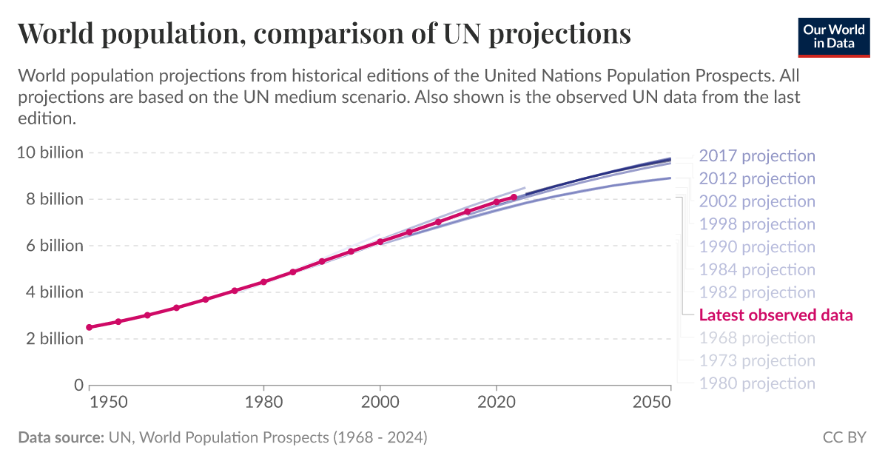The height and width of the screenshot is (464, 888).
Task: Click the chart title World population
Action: click(x=323, y=33)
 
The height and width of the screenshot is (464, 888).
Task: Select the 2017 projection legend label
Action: click(x=756, y=156)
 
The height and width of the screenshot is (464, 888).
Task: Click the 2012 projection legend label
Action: click(x=756, y=179)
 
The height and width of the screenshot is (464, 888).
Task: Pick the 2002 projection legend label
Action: click(x=756, y=201)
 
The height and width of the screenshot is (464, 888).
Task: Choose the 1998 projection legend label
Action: click(x=756, y=224)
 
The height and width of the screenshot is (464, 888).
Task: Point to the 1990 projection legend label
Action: click(x=756, y=247)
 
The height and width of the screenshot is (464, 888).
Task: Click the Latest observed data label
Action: click(x=776, y=315)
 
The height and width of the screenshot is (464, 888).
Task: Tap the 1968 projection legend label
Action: click(x=756, y=338)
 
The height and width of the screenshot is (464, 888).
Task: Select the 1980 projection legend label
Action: click(x=756, y=383)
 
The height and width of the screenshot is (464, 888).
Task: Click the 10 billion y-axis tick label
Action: click(x=50, y=153)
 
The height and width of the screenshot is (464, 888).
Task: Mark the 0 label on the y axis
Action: click(x=78, y=385)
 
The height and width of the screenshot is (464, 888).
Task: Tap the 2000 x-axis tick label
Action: click(x=380, y=402)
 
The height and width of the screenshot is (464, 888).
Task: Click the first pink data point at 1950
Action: click(x=90, y=327)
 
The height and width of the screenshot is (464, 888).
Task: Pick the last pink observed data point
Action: click(x=514, y=197)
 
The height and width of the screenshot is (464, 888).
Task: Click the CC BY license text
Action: click(x=844, y=437)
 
